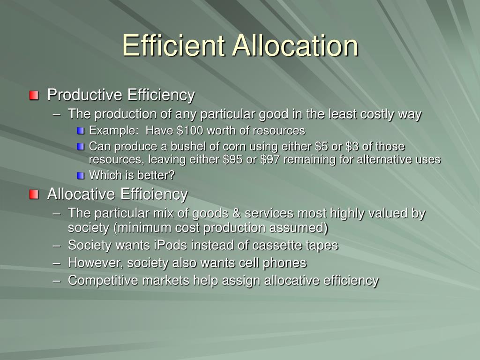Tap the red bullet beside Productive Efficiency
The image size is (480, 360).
point(34,96)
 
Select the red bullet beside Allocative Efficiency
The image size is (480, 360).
point(34,195)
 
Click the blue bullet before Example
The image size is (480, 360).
point(81,130)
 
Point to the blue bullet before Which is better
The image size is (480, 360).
point(81,176)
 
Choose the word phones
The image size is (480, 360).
point(286,263)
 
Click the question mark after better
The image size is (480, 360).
point(172,175)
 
